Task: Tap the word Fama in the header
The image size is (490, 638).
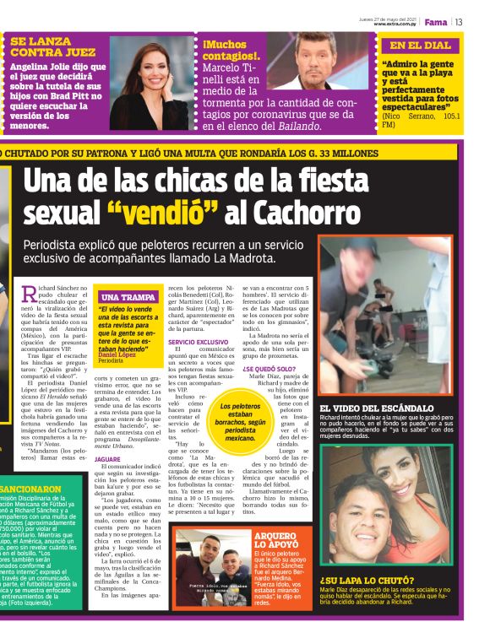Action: point(435,22)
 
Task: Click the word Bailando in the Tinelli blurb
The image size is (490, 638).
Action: point(298,126)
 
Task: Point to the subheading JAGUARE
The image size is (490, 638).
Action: point(107,458)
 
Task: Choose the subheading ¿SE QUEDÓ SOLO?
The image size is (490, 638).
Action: point(268,369)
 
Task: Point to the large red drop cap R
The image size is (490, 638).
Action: point(30,295)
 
